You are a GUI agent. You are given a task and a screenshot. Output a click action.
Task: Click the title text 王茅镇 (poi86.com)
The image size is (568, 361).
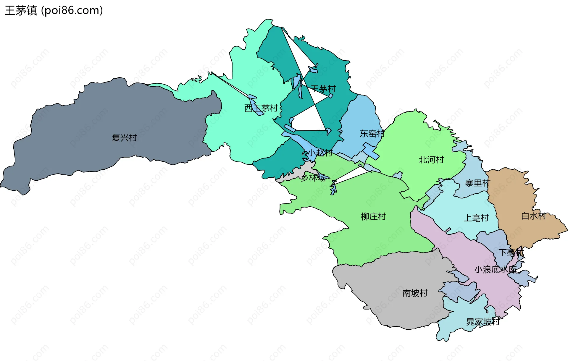(54, 11)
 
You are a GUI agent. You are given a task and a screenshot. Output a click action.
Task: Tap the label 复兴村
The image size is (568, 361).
(124, 138)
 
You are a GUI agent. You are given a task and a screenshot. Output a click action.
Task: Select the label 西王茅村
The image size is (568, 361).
(261, 108)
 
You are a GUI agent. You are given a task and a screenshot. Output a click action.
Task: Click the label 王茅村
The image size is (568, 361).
(323, 89)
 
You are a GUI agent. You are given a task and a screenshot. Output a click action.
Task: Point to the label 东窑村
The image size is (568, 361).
(372, 134)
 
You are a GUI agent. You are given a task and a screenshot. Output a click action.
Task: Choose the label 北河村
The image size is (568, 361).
(431, 160)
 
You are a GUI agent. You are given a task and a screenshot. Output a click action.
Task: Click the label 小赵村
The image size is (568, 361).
(320, 153)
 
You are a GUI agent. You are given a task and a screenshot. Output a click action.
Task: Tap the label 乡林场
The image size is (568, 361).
(313, 178)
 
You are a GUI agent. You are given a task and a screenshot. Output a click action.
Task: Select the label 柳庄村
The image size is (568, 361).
(373, 217)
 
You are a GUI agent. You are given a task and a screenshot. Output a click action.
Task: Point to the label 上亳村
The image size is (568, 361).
(476, 218)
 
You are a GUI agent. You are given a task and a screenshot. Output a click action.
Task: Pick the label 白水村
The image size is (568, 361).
(533, 216)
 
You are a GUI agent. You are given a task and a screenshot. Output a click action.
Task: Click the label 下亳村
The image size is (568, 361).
(511, 253)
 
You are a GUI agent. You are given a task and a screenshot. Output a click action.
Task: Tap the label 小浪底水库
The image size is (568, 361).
(496, 270)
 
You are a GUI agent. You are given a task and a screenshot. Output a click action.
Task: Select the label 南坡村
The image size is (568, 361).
(415, 293)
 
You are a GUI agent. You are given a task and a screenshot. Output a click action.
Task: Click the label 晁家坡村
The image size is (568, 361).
(483, 322)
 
